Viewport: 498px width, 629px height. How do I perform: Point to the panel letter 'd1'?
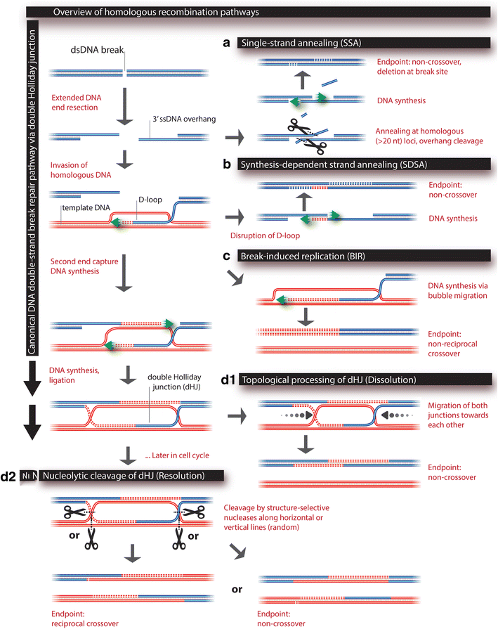point(228,380)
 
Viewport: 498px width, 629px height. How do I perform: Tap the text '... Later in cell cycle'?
point(176,458)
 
